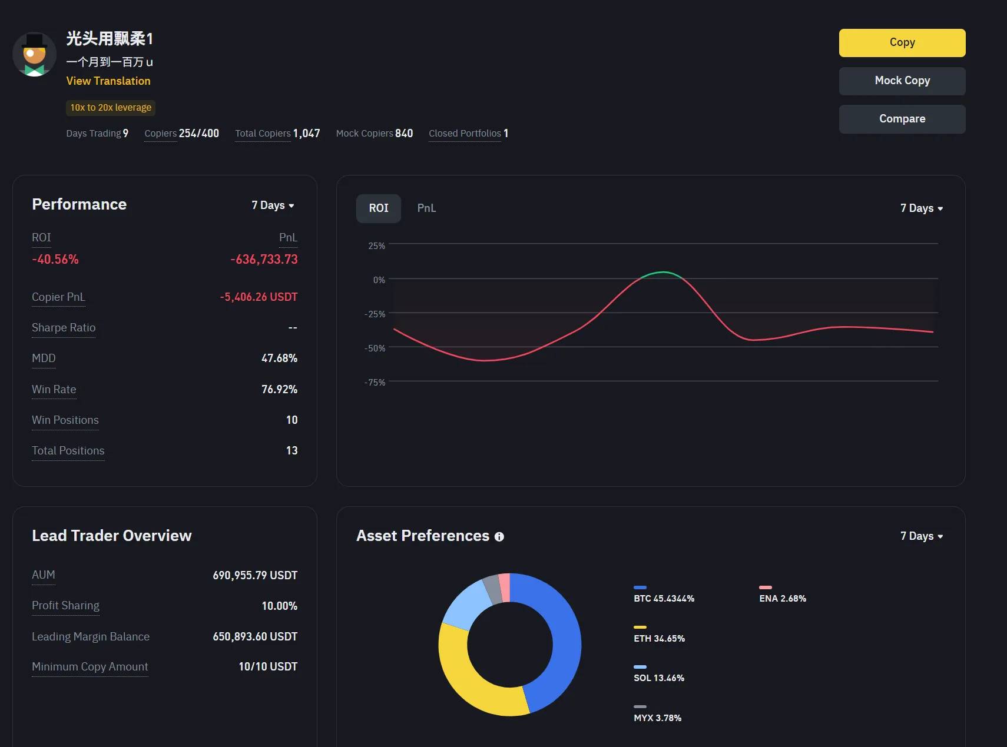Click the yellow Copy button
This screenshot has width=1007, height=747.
pos(902,42)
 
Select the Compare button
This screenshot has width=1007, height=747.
pos(902,119)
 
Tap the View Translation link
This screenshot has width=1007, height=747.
pos(108,81)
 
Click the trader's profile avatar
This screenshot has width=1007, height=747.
pos(34,54)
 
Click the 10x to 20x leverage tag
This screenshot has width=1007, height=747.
pos(111,108)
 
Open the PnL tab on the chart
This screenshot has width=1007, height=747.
pos(426,208)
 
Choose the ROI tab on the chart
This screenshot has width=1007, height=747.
pos(378,208)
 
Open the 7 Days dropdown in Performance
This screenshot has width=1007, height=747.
pos(273,205)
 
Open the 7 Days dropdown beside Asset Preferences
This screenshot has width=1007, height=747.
pos(921,536)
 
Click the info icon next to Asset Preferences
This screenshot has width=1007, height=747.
pos(499,537)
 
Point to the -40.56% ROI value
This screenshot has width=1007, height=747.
pos(55,260)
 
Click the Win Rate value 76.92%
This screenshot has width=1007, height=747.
pos(279,390)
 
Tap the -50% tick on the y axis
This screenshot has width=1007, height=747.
pos(375,348)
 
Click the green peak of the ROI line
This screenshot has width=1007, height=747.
pos(663,273)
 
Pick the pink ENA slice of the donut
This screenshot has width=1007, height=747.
pos(504,587)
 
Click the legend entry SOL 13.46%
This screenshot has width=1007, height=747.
pos(659,678)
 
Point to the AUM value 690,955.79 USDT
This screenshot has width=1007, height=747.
pos(255,576)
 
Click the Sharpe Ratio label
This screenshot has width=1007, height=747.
pos(64,328)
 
